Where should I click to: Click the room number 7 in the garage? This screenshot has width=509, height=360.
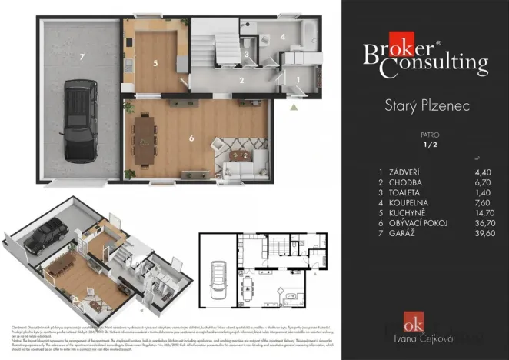pos(80,56)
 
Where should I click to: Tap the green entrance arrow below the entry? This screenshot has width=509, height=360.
pos(294,107)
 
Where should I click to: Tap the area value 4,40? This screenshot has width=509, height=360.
pos(483,172)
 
